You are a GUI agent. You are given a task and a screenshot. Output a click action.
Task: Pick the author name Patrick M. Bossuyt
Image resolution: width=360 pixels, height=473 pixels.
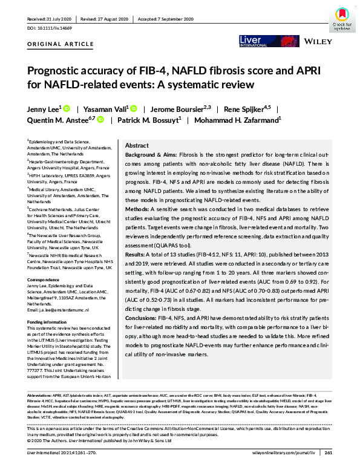tap(149, 120)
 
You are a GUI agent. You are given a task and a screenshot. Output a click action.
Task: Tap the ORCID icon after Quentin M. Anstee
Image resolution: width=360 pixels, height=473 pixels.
tap(100, 120)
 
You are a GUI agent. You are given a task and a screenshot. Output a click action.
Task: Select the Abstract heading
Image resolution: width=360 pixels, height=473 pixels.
tap(136, 146)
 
